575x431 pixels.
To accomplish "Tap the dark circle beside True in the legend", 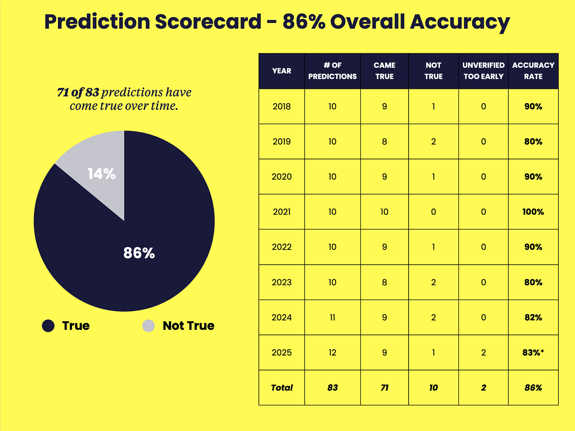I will tap(48, 326).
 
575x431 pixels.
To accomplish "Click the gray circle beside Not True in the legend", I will tap(148, 326).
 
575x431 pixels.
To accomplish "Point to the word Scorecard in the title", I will tap(208, 22).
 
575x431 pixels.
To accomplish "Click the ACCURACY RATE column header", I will tap(533, 71).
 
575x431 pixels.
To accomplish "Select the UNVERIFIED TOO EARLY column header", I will tap(483, 71).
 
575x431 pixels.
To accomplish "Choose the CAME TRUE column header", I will tap(384, 71).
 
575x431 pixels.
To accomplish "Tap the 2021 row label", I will tap(282, 212).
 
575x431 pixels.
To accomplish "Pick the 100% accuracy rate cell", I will tap(533, 212).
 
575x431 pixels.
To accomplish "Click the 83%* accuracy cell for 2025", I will tap(533, 352).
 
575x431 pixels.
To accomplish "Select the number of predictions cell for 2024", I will tap(332, 318).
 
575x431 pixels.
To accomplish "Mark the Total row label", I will tap(282, 388).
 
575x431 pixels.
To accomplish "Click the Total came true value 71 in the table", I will tap(384, 388).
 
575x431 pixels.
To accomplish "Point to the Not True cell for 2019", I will tap(434, 142).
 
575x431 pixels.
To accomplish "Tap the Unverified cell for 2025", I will tap(483, 352).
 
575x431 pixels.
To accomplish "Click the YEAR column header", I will tap(282, 71).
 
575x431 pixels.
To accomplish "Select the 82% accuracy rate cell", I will tap(533, 318).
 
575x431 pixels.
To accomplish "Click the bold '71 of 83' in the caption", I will tap(78, 92).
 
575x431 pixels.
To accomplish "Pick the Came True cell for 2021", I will tap(384, 212).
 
